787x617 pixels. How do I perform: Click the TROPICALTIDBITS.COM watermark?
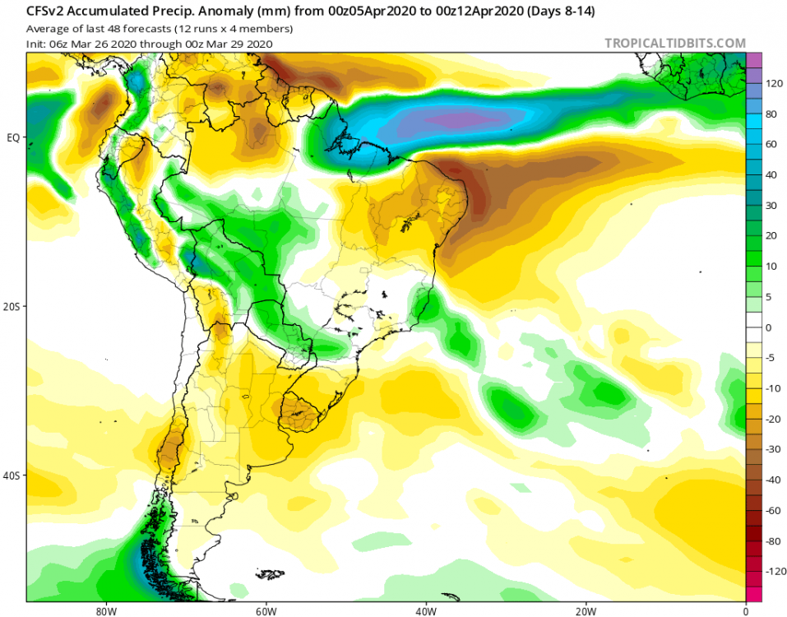[675, 43]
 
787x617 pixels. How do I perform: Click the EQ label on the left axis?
[13, 137]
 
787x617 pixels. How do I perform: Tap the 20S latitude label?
[12, 306]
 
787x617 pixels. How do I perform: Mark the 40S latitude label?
[12, 476]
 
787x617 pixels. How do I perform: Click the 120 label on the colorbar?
[775, 84]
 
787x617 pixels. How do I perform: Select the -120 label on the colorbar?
[773, 570]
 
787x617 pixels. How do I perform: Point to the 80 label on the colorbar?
[772, 114]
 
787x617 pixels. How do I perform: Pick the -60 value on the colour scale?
[772, 510]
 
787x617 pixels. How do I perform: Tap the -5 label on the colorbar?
[771, 358]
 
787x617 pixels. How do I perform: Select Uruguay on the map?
[299, 412]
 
